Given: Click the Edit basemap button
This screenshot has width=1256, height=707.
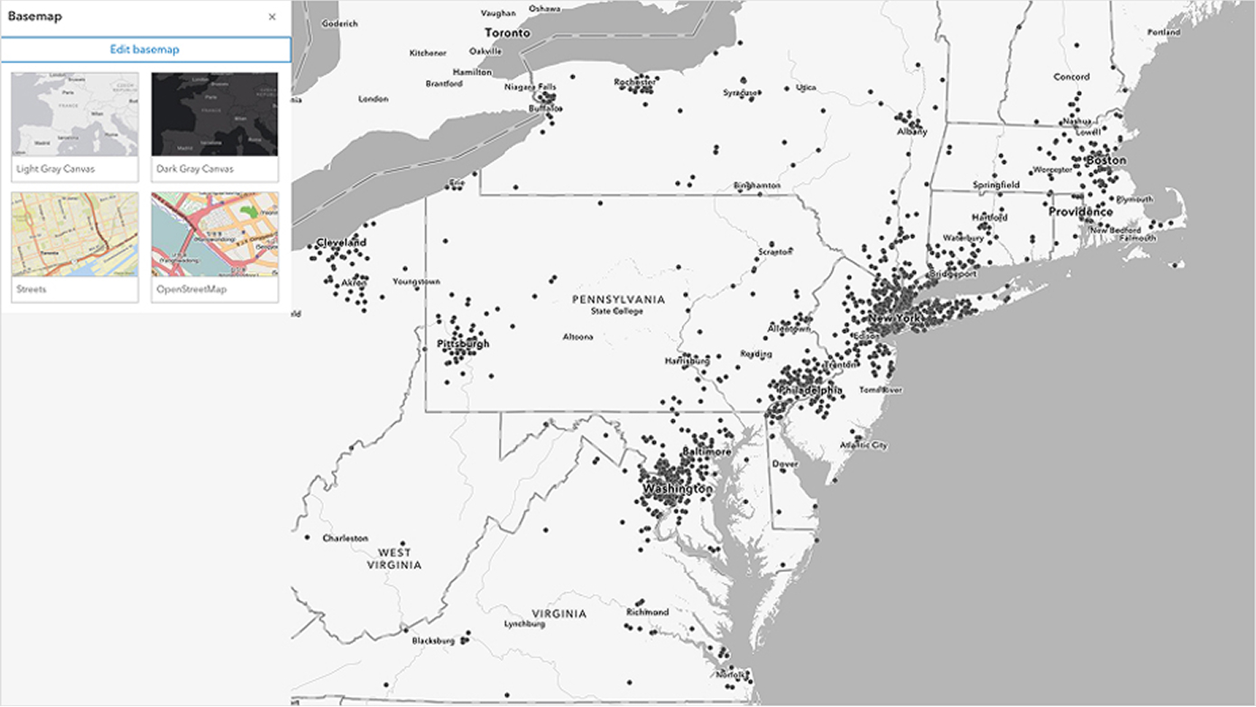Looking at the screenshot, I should click(144, 50).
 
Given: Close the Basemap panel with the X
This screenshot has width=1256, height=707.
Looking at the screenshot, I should click(272, 17).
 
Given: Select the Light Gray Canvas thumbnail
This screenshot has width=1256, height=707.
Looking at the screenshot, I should click(75, 115).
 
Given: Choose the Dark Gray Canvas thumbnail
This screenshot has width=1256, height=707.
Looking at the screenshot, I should click(215, 115).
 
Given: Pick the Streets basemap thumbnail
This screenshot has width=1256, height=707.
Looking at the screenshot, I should click(75, 234).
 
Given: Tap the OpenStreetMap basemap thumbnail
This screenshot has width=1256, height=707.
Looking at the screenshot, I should click(215, 234).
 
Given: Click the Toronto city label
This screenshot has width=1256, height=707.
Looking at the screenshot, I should click(505, 33).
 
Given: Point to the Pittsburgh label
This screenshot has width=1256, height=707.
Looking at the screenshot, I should click(463, 344).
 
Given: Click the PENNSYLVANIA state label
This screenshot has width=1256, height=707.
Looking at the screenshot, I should click(618, 299).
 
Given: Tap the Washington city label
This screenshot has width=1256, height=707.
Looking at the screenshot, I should click(677, 489).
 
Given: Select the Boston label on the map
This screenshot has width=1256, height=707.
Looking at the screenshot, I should click(1106, 161).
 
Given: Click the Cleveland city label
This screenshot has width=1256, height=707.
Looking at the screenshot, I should click(341, 243).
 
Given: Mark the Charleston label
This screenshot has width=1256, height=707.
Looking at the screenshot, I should click(346, 538).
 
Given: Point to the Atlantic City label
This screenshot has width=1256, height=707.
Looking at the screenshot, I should click(863, 445).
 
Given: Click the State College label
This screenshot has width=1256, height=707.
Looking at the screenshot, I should click(617, 312).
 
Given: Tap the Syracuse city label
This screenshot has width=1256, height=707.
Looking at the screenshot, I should click(741, 93).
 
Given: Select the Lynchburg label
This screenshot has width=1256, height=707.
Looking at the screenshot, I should click(525, 624).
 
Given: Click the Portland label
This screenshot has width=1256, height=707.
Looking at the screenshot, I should click(1163, 32).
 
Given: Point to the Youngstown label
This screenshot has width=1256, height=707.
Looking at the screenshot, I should click(416, 282).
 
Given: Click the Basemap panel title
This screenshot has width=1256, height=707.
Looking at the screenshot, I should click(34, 16).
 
